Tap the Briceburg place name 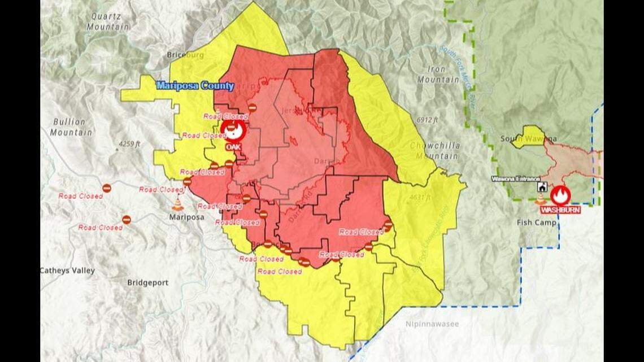click(x=185, y=55)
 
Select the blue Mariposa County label click(x=195, y=86)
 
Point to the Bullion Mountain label click(x=71, y=127)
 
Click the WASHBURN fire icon click(x=560, y=195)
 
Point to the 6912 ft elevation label click(x=428, y=120)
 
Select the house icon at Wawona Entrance click(x=543, y=187)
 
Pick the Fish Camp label click(x=537, y=223)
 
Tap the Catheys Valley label click(x=67, y=271)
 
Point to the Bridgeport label click(x=147, y=283)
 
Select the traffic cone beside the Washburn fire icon click(x=540, y=199)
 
